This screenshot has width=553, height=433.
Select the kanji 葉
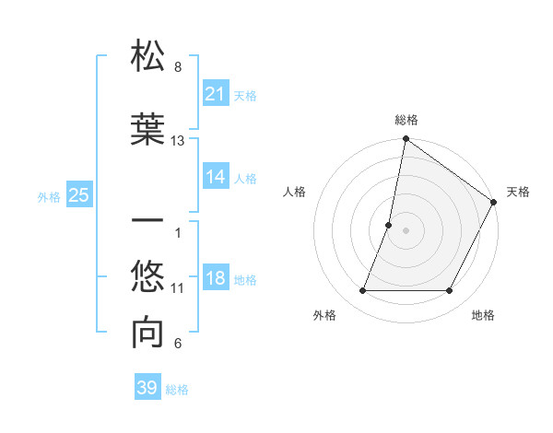[x=148, y=129]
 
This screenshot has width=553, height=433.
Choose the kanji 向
[x=148, y=334]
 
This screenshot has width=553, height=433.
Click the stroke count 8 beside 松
[x=178, y=67]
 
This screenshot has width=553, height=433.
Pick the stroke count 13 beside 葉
[x=178, y=141]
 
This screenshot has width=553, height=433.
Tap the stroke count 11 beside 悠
[x=178, y=288]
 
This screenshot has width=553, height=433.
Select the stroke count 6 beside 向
[x=178, y=344]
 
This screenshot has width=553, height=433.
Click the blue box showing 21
[x=216, y=94]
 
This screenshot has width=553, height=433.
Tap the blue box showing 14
[x=216, y=177]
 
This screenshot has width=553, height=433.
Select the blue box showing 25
[x=78, y=195]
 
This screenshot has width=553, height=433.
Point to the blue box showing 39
[x=147, y=388]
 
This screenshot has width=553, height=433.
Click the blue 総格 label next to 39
[x=177, y=390]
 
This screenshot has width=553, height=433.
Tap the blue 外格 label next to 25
[x=49, y=196]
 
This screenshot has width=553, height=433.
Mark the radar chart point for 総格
[x=406, y=140]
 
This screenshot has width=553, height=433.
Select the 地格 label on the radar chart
[x=483, y=316]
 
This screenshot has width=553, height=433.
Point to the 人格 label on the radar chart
[x=294, y=192]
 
